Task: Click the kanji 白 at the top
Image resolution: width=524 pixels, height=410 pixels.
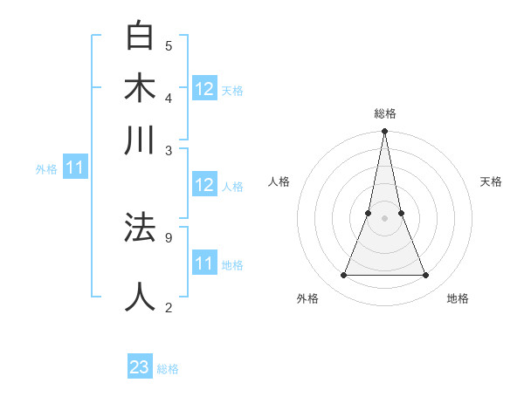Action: click(140, 38)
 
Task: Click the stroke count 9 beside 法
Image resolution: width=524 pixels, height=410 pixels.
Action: click(169, 236)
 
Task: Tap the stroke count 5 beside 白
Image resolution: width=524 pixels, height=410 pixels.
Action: click(169, 45)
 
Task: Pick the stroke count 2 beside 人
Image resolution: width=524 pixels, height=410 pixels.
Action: click(169, 306)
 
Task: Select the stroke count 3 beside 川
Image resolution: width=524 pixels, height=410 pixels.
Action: click(169, 149)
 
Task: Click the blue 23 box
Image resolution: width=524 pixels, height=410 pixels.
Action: click(140, 367)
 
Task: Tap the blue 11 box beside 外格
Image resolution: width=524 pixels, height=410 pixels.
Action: click(74, 168)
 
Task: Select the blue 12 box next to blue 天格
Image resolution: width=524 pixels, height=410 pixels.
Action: click(204, 89)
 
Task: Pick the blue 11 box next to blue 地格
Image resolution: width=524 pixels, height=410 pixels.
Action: click(204, 263)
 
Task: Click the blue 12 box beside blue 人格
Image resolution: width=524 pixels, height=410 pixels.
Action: click(204, 185)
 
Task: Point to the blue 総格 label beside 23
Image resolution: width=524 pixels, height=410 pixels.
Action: click(168, 369)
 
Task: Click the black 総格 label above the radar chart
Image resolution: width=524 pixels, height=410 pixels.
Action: click(384, 113)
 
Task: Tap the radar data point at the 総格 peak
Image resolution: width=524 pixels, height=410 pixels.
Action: click(384, 132)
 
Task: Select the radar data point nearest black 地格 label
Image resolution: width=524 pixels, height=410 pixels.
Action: click(425, 276)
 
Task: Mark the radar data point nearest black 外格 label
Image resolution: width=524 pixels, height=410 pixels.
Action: click(343, 276)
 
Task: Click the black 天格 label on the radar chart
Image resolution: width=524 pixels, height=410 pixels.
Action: click(491, 181)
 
